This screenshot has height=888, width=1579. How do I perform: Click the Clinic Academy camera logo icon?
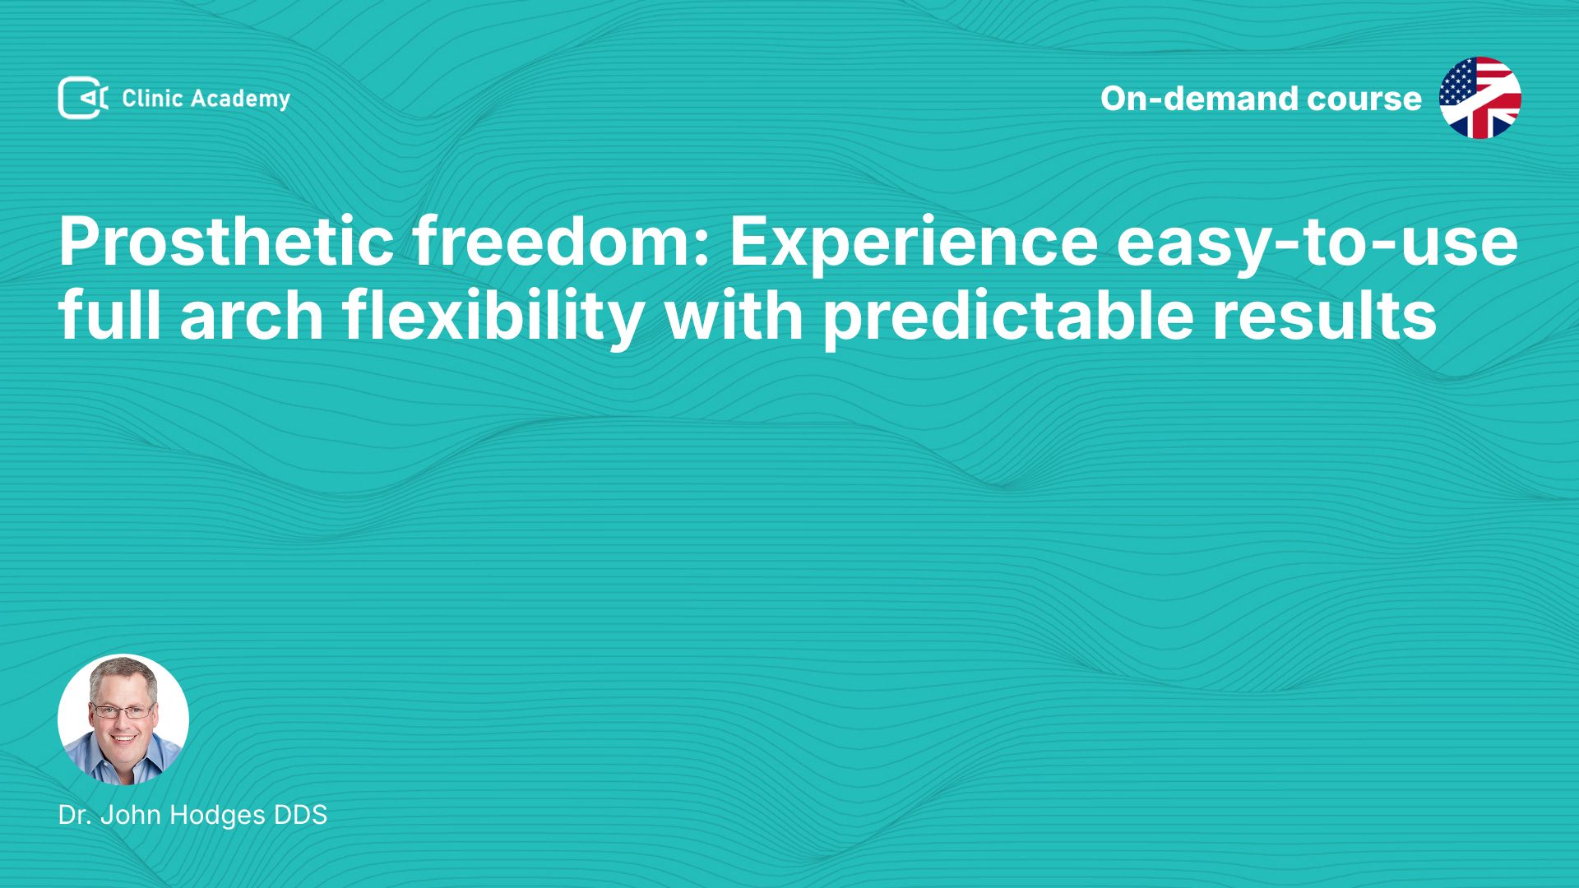pyautogui.click(x=82, y=98)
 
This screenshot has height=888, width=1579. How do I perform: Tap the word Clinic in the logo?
pyautogui.click(x=152, y=99)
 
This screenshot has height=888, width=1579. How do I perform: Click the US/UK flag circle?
pyautogui.click(x=1479, y=98)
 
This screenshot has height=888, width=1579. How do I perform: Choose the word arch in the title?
pyautogui.click(x=252, y=316)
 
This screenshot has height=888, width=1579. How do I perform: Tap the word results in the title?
pyautogui.click(x=1325, y=316)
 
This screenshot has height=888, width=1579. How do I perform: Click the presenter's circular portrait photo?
pyautogui.click(x=123, y=719)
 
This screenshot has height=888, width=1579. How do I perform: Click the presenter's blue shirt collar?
pyautogui.click(x=123, y=768)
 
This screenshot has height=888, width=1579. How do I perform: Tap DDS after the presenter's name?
pyautogui.click(x=300, y=815)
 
